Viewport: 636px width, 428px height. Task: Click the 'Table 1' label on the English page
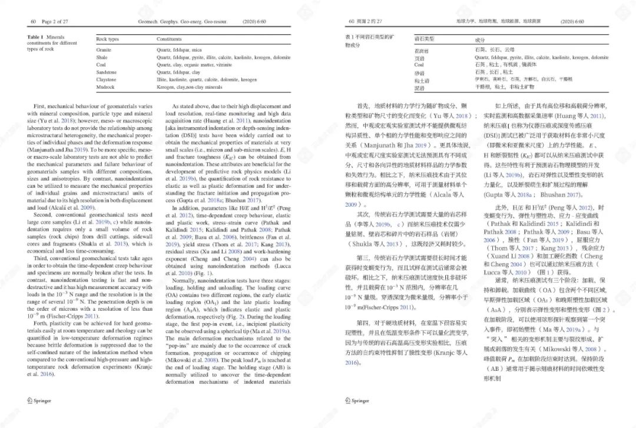[x=36, y=37]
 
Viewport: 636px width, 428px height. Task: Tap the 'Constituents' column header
[x=169, y=39]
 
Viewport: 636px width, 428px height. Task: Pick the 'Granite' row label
[x=104, y=50]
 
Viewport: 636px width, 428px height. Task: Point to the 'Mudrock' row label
[x=105, y=87]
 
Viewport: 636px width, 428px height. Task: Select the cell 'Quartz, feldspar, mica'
[x=179, y=50]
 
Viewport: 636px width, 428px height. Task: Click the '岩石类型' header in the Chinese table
[x=425, y=38]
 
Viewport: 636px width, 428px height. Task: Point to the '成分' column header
[x=481, y=40]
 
